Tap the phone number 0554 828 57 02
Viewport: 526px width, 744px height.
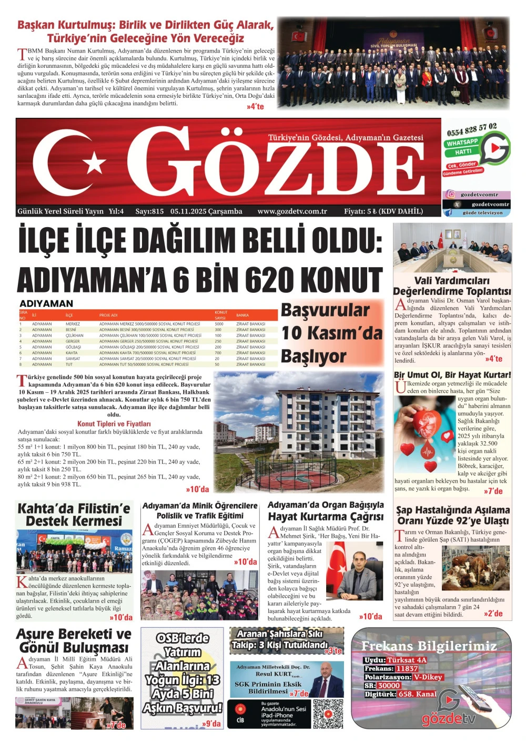click(472, 128)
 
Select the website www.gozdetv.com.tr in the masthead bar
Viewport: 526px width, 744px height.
click(292, 211)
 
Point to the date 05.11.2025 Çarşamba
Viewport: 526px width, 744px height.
click(206, 211)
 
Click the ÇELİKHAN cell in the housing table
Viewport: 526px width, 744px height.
click(74, 335)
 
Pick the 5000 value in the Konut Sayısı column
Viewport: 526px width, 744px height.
click(219, 324)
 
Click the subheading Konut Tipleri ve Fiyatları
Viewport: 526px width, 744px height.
click(114, 424)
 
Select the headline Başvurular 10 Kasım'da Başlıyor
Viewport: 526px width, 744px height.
click(331, 333)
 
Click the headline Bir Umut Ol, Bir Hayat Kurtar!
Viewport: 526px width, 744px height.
click(452, 375)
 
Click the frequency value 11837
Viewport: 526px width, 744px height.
click(407, 669)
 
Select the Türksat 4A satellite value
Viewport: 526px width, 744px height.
click(407, 660)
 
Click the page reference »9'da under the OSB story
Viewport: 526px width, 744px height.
click(211, 723)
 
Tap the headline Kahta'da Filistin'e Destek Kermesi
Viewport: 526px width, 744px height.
click(74, 515)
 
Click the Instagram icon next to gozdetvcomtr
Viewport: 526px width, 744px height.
click(450, 195)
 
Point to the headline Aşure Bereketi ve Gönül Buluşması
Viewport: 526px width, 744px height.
click(74, 640)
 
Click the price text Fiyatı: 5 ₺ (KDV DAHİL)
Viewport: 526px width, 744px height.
click(383, 211)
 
